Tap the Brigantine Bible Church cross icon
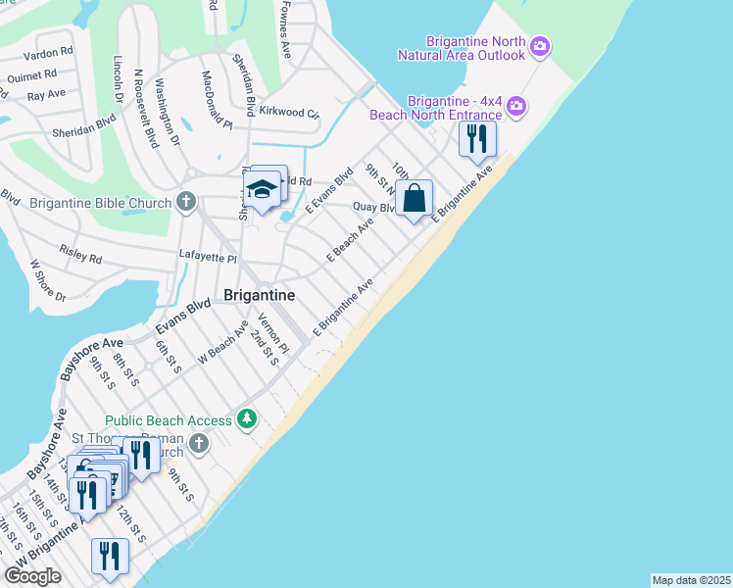click(x=187, y=203)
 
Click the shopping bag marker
click(x=415, y=199)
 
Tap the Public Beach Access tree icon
click(x=248, y=420)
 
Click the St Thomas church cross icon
click(x=199, y=445)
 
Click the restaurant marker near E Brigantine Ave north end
click(x=477, y=138)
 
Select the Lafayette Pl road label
click(x=208, y=257)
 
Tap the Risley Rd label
click(x=80, y=257)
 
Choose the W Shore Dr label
click(x=47, y=280)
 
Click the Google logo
click(x=32, y=576)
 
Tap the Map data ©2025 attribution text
click(x=691, y=580)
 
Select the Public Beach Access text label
click(x=169, y=420)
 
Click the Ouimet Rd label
click(x=32, y=74)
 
